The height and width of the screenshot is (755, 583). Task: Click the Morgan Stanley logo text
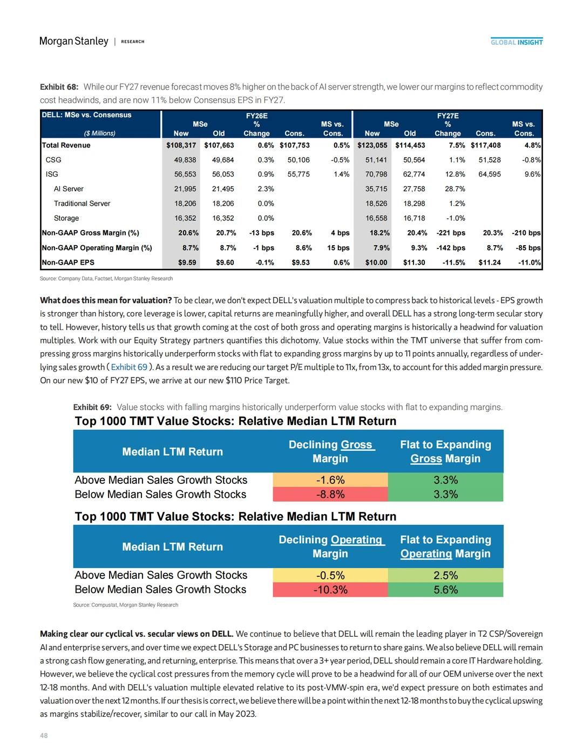[74, 41]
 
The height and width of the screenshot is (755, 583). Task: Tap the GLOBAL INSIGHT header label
[517, 42]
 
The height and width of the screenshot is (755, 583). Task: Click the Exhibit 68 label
[59, 87]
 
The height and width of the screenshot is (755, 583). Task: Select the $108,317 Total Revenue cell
[181, 145]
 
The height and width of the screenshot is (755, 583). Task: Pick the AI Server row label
[69, 189]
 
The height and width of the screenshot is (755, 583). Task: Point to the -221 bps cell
[451, 233]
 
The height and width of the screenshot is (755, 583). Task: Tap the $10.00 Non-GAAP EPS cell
[376, 262]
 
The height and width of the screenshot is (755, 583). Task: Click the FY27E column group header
[448, 116]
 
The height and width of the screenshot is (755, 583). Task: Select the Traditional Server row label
[82, 204]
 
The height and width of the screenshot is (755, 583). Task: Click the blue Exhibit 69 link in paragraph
[129, 367]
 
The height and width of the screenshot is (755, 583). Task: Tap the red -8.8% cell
[330, 494]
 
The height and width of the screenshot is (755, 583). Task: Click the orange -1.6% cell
[330, 480]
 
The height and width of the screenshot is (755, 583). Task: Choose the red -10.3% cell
[330, 590]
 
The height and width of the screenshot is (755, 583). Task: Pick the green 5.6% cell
[445, 590]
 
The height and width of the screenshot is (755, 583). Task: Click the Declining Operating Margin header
[330, 547]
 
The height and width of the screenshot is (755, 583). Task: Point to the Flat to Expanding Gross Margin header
[445, 451]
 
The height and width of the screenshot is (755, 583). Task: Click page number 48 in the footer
[44, 736]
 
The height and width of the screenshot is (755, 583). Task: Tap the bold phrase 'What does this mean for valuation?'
[106, 300]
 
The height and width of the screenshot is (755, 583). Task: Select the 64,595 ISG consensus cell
[489, 174]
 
